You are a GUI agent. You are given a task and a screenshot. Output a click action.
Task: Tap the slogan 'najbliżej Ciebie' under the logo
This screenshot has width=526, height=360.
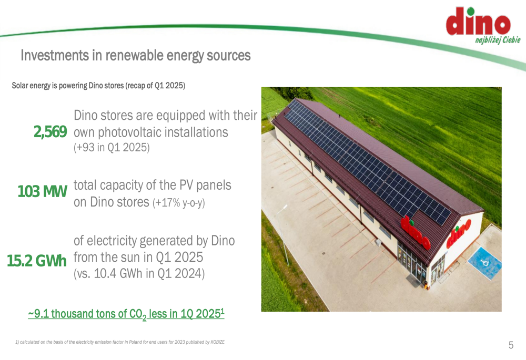[x=498, y=40]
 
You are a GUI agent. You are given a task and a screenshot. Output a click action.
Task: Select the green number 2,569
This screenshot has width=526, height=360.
[x=50, y=132]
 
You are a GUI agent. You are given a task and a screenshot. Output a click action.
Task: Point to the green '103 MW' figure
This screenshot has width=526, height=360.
[x=42, y=191]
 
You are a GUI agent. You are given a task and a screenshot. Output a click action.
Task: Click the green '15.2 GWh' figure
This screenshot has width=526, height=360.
[x=37, y=261]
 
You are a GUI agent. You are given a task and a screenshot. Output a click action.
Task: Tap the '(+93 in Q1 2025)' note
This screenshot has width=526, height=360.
[x=112, y=148]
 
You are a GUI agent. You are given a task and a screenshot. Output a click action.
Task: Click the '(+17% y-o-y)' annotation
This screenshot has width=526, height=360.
[x=178, y=203]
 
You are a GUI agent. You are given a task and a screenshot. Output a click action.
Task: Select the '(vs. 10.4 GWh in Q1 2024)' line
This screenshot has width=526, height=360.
[x=139, y=273]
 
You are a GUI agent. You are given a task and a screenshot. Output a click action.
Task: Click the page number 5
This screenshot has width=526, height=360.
[x=511, y=345]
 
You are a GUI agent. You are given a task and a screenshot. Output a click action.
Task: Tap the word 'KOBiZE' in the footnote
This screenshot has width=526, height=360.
[x=217, y=342]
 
